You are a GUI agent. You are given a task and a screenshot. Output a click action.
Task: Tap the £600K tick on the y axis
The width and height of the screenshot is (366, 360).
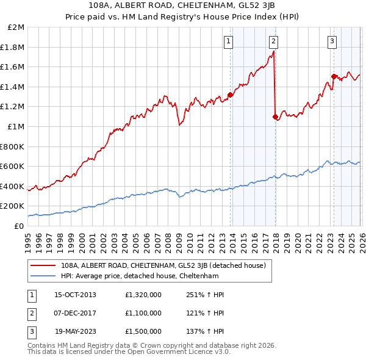[x=13, y=166]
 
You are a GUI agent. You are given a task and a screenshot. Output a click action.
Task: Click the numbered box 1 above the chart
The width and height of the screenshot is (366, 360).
[x=228, y=41]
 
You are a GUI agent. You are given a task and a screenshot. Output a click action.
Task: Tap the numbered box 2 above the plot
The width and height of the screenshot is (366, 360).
[x=273, y=41]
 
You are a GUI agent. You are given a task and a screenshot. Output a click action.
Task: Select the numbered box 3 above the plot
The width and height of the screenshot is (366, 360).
[x=332, y=41]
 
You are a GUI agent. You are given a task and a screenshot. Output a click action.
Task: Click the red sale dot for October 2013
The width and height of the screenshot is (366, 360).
[x=230, y=95]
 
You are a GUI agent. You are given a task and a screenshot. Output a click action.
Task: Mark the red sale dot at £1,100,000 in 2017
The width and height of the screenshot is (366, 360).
[x=275, y=117]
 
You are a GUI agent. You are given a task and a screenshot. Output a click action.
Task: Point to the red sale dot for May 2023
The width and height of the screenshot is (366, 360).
[x=334, y=77]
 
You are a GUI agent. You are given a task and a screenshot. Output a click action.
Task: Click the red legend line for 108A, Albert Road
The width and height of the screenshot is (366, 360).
[x=44, y=265]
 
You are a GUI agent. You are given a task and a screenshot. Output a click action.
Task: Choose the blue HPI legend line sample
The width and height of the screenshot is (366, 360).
[x=44, y=276]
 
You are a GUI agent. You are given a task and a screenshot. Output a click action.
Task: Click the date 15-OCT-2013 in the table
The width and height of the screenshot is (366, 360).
[x=75, y=295]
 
